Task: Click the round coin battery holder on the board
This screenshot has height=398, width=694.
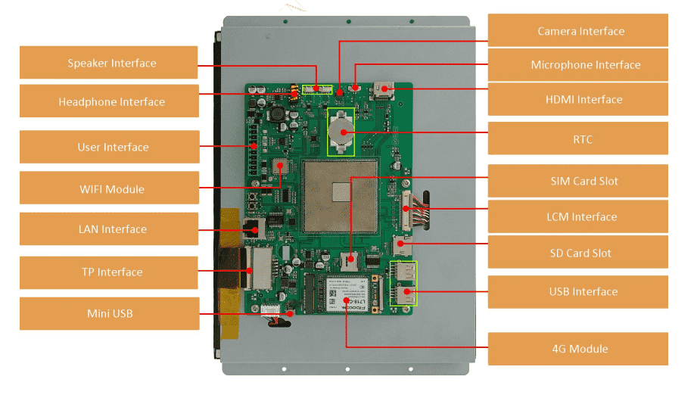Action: [x=341, y=131]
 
